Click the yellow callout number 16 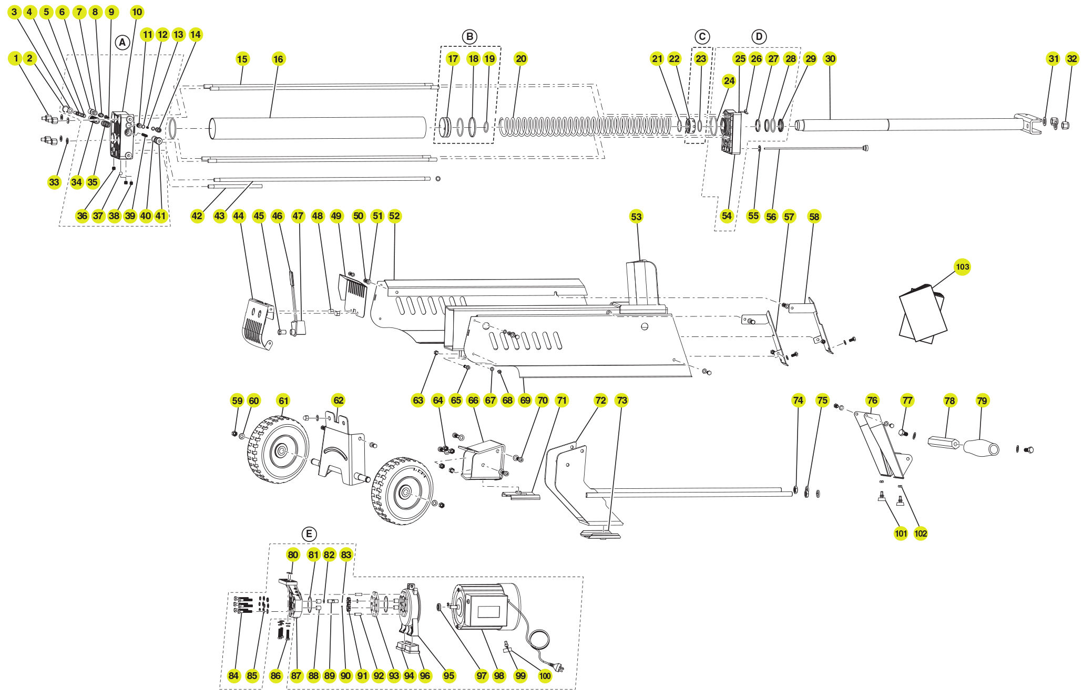click(x=278, y=59)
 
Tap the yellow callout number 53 click(x=636, y=217)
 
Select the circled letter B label click(x=469, y=37)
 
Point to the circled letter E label click(x=309, y=534)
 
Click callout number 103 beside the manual click(x=962, y=266)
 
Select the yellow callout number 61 click(x=283, y=401)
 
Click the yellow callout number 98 click(x=499, y=676)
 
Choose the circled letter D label click(x=759, y=37)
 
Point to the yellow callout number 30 click(x=830, y=59)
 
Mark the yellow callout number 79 click(x=982, y=401)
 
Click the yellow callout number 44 click(x=239, y=216)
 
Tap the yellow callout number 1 click(x=15, y=58)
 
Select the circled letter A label click(x=122, y=43)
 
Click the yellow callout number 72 click(x=600, y=401)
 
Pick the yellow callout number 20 click(x=521, y=59)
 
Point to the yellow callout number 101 click(x=901, y=533)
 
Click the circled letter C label click(x=702, y=37)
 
